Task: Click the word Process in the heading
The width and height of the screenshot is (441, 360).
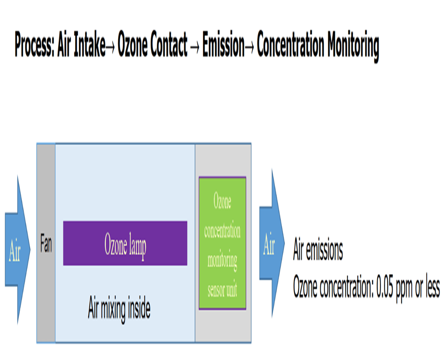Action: coord(34,46)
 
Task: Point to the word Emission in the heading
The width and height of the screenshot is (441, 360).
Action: coord(223,46)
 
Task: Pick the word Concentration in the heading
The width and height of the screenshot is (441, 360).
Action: coord(290,46)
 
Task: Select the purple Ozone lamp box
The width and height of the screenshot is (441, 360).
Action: coord(125,243)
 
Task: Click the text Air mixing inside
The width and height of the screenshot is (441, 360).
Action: coord(119,309)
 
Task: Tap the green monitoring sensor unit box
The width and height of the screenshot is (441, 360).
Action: coord(223,243)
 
